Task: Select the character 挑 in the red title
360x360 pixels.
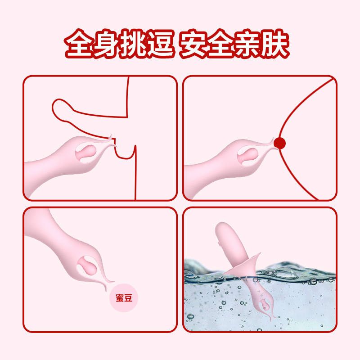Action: pyautogui.click(x=135, y=45)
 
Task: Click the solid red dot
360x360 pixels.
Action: pyautogui.click(x=280, y=144)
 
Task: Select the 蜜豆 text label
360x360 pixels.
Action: pyautogui.click(x=124, y=298)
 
